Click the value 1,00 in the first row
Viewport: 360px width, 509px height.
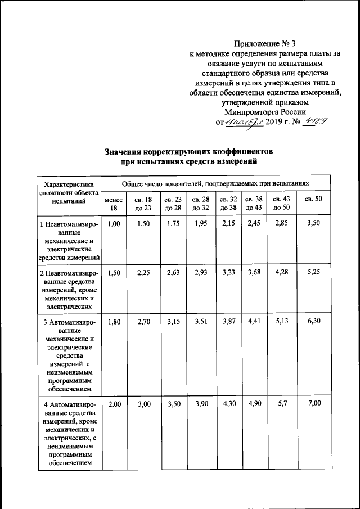point(114,224)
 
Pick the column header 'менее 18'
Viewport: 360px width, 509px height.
point(114,204)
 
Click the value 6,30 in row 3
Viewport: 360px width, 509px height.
point(313,322)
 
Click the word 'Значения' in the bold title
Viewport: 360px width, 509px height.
point(125,151)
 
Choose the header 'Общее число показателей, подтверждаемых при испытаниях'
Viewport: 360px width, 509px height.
point(215,183)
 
